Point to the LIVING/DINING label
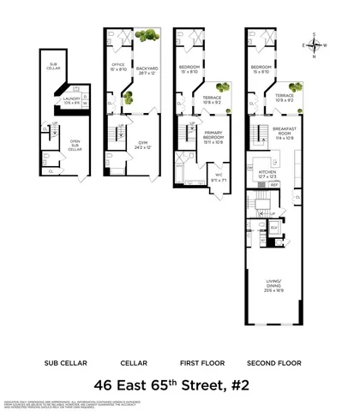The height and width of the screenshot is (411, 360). coord(276,288)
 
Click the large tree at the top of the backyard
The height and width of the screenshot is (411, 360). coord(148,36)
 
